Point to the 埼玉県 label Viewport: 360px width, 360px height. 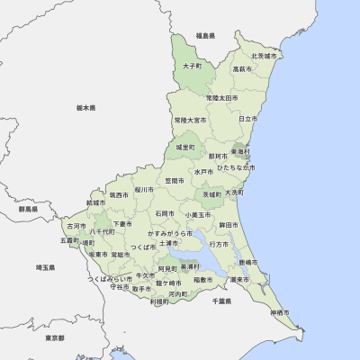[x=45, y=267]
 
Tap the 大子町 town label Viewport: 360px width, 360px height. [x=192, y=66]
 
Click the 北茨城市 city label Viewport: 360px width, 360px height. [x=267, y=56]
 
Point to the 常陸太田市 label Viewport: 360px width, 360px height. [x=221, y=97]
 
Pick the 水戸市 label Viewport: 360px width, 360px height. [x=202, y=171]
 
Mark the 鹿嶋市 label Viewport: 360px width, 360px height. [x=247, y=262]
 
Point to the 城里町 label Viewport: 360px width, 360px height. [x=185, y=146]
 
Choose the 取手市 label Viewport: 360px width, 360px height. [x=141, y=289]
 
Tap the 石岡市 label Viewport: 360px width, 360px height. [x=165, y=213]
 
